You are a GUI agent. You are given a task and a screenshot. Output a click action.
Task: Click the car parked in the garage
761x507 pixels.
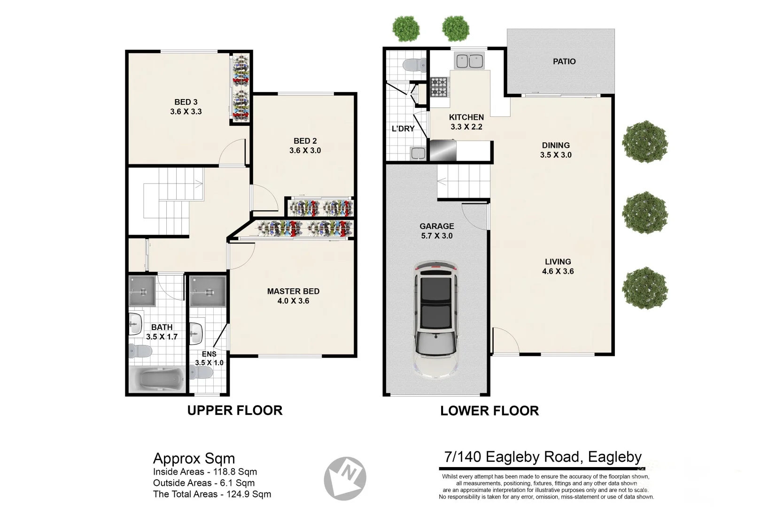coord(436,320)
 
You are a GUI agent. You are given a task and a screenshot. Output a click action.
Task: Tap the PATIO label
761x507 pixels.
coord(564,61)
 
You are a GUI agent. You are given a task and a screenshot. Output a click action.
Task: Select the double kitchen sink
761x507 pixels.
coord(469,61)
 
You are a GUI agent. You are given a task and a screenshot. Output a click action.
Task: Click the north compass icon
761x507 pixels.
coord(345,478)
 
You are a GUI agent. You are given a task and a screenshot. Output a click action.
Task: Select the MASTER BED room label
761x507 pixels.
coord(293,292)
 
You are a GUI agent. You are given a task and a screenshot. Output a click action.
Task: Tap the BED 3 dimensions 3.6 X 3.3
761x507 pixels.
coord(186,111)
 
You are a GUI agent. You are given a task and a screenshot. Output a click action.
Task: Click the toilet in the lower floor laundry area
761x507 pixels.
coord(415,65)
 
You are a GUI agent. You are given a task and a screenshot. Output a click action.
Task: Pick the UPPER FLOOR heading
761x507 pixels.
coord(235,410)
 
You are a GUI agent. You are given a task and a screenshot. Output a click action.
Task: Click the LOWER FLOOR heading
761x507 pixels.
coord(489,411)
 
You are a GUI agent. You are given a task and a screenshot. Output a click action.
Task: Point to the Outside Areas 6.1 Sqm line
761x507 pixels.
coord(204,483)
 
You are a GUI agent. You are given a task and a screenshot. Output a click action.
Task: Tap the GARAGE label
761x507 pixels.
coord(436,226)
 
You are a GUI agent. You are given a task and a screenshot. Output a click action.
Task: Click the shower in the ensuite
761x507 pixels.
coord(208,292)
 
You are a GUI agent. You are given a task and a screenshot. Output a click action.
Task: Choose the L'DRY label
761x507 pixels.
coord(403,129)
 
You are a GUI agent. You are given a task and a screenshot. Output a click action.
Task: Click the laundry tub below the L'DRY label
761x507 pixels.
coord(418,154)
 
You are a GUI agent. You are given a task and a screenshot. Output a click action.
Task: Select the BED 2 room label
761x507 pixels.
coord(305,141)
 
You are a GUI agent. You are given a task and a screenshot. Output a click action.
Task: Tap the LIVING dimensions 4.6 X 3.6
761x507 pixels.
coord(558,271)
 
